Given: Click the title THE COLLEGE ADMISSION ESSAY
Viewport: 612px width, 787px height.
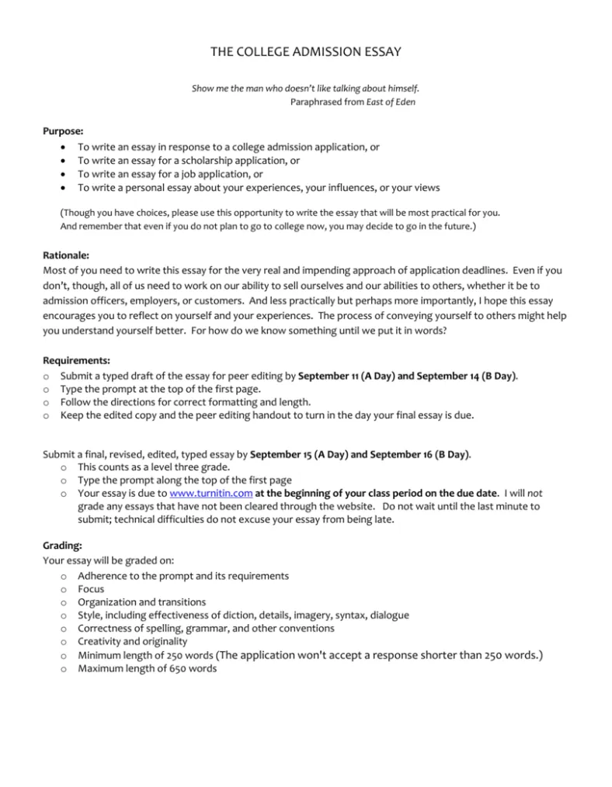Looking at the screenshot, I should [306, 52].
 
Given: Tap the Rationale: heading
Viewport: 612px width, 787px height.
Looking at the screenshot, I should [67, 254].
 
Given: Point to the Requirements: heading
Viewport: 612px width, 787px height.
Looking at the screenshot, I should [76, 360].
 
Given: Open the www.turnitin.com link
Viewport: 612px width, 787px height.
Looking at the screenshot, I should [210, 492].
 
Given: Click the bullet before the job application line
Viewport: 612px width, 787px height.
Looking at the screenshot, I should [62, 174].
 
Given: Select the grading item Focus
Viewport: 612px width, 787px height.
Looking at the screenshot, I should [91, 589].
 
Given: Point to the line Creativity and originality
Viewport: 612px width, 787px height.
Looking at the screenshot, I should [132, 642].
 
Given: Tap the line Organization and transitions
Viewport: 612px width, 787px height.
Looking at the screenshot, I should [141, 602].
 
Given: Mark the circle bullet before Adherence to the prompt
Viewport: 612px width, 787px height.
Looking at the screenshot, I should [62, 576].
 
